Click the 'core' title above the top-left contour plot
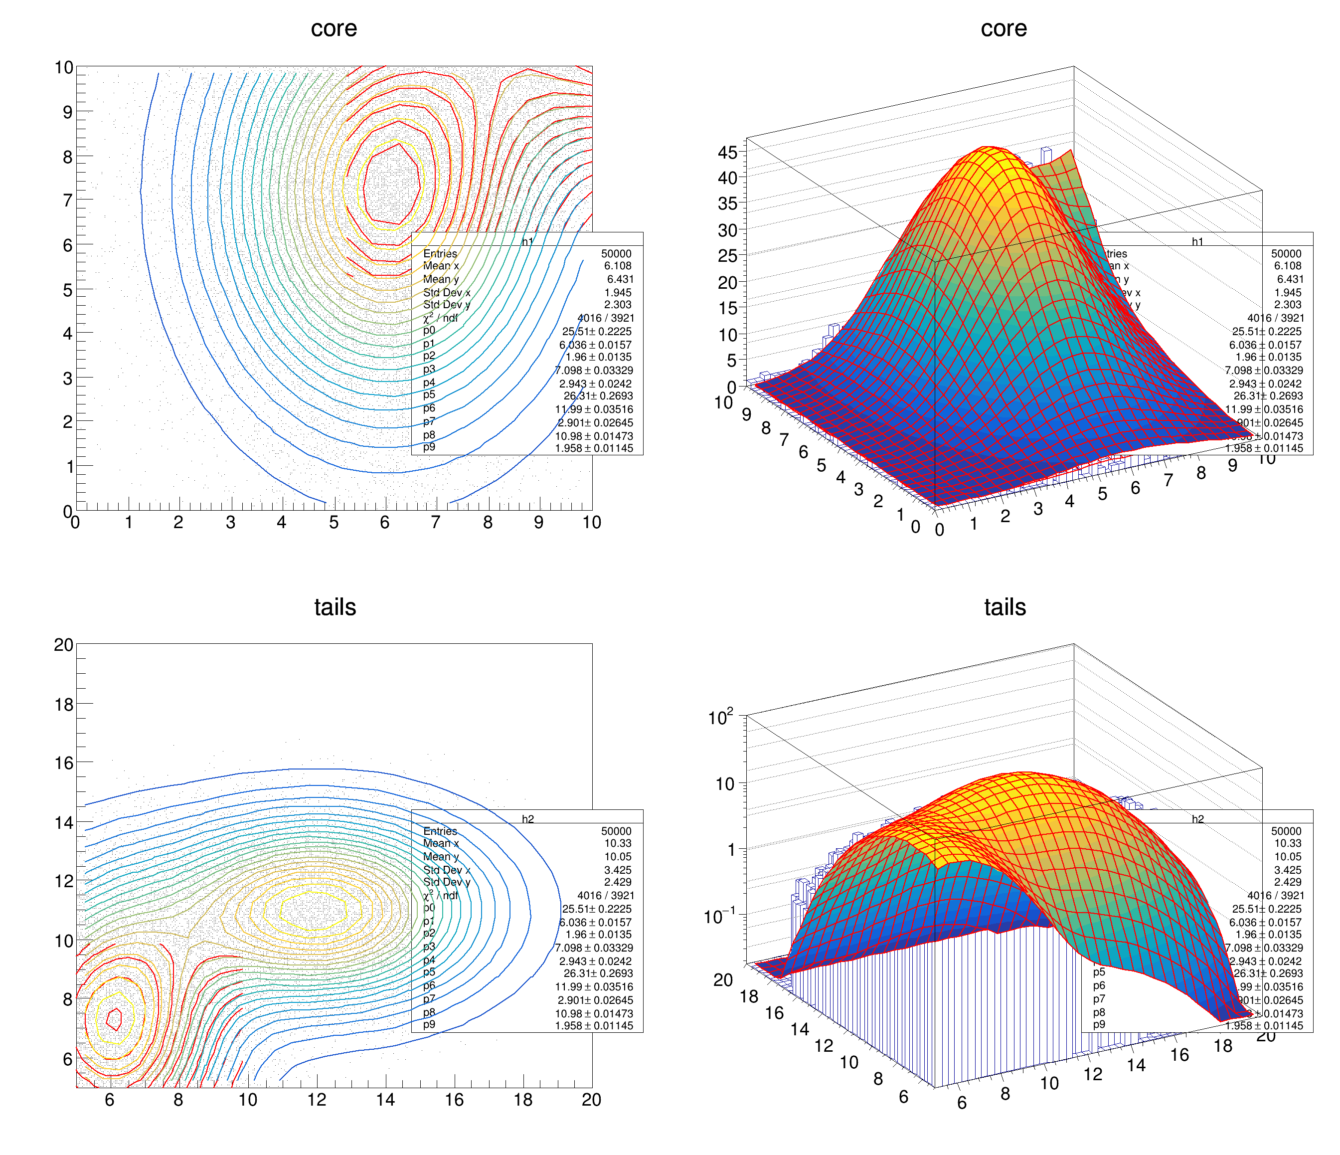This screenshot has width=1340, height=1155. pos(334,28)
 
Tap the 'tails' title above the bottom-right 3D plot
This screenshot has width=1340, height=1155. pos(1005,607)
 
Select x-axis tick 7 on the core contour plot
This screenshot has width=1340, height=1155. pos(436,522)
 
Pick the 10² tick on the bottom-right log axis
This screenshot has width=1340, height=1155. pos(721,718)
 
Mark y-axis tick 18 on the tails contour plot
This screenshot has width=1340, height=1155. pos(64,704)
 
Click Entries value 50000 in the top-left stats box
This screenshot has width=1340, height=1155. pos(616,254)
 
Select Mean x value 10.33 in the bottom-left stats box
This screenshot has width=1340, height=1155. pos(618,843)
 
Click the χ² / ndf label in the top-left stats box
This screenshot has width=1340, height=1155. pos(440,318)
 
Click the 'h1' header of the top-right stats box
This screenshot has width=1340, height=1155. pos(1198,241)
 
